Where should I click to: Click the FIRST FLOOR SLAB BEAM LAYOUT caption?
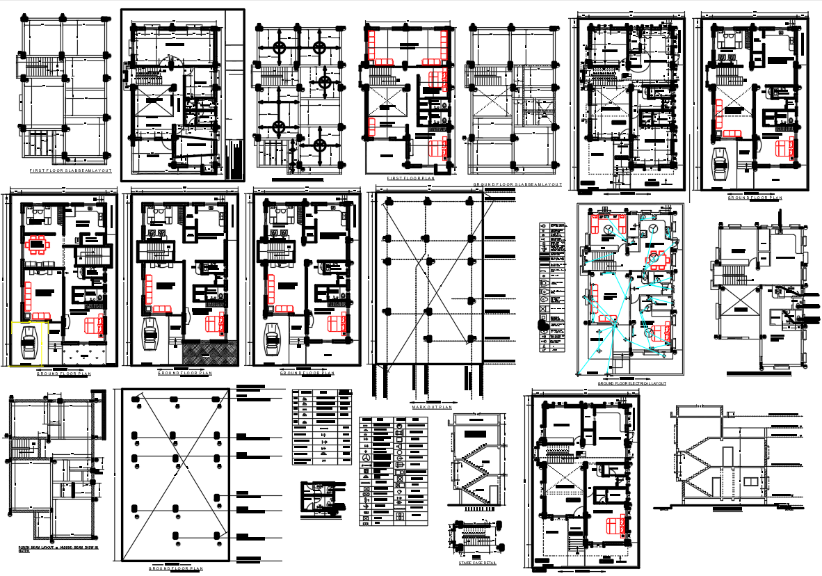coord(70,170)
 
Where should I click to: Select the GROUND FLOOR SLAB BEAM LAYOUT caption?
coord(517,185)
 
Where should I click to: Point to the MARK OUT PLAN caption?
coord(431,407)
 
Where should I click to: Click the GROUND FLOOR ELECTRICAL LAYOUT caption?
coord(631,383)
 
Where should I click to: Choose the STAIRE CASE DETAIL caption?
coord(477,563)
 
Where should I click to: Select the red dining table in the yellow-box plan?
coord(36,245)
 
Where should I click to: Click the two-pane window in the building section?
coord(751,482)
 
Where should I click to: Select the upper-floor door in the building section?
coord(725,458)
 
